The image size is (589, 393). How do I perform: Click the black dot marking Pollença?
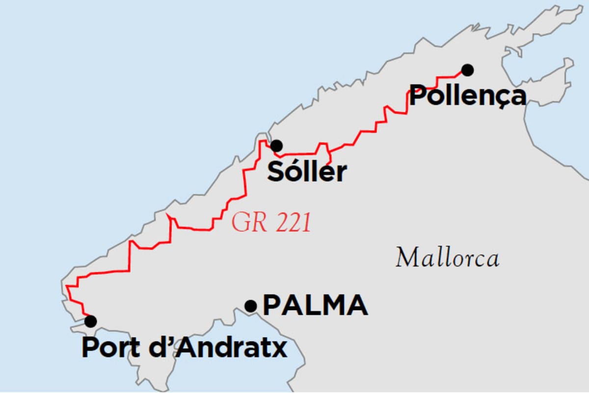[467, 70]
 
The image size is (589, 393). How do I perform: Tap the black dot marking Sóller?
[276, 145]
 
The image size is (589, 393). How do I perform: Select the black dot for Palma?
[251, 306]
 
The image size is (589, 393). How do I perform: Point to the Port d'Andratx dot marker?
[90, 321]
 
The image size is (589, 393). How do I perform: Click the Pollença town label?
[467, 96]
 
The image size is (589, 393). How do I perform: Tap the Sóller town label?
[307, 172]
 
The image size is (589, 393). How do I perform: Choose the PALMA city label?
[315, 306]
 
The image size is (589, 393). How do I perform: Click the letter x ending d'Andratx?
[280, 349]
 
